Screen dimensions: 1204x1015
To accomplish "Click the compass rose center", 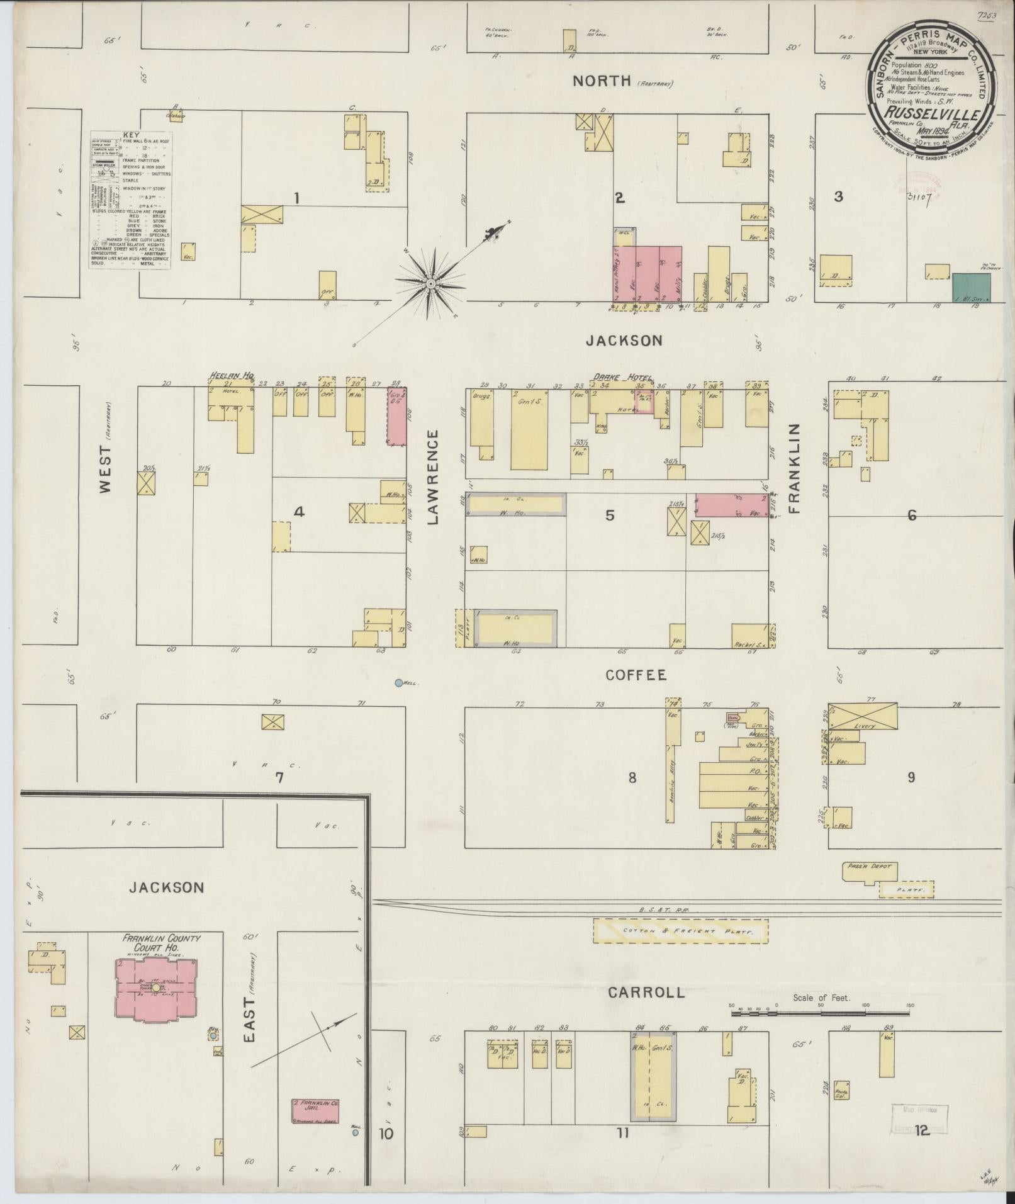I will point(431,284).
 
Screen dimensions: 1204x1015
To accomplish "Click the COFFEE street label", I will point(636,675).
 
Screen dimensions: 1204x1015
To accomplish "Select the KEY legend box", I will point(130,200).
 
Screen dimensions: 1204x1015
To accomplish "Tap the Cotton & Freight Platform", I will point(680,931).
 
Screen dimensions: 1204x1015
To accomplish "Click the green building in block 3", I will point(971,288).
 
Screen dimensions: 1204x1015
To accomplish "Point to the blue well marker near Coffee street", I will point(398,683).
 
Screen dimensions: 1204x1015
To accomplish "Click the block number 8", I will point(632,778).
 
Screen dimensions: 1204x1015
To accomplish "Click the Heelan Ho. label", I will point(231,376).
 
